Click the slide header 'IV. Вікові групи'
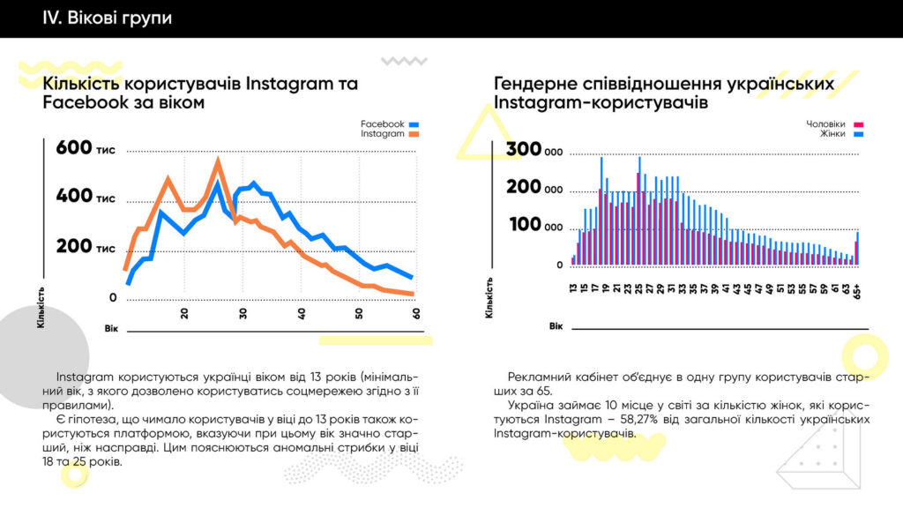click(107, 18)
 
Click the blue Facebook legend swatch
click(414, 124)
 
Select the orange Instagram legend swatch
click(414, 135)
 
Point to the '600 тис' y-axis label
click(86, 148)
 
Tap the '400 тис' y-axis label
click(86, 196)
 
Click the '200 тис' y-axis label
click(86, 246)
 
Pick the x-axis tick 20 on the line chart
click(184, 314)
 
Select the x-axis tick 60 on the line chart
click(415, 314)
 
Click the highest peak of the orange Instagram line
click(218, 161)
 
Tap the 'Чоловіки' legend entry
click(825, 124)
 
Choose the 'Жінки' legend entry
click(832, 134)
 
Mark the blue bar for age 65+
click(858, 248)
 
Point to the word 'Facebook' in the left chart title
click(78, 102)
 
